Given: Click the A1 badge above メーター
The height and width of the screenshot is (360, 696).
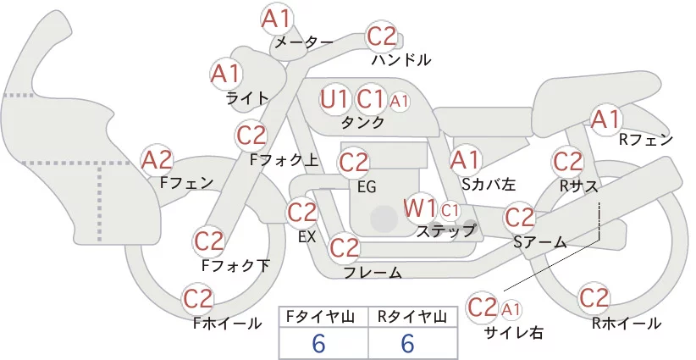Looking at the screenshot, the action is click(x=276, y=19).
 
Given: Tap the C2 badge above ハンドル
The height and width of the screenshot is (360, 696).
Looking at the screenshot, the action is click(x=381, y=36).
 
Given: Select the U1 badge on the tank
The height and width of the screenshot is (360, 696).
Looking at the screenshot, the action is click(x=334, y=99).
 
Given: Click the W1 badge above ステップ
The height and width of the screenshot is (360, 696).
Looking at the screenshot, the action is click(x=419, y=208).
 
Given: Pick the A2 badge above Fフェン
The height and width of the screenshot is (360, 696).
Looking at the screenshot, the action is click(x=157, y=160).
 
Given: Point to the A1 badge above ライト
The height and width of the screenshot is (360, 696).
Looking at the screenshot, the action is click(x=225, y=75).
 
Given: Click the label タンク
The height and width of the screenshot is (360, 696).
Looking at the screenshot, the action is click(x=362, y=122).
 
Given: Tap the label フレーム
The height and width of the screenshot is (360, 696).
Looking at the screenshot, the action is click(x=373, y=272).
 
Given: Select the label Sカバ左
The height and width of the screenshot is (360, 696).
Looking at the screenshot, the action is click(x=489, y=184).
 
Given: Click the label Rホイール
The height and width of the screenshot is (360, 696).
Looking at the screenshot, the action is click(x=627, y=324).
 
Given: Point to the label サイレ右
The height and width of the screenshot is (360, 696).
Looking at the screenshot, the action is click(x=514, y=332).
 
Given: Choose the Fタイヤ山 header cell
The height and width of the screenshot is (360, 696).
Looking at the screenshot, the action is click(x=323, y=317).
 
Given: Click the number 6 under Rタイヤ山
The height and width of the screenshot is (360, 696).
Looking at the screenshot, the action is click(x=407, y=343).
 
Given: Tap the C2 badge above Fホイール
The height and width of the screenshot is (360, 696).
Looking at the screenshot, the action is click(x=198, y=299).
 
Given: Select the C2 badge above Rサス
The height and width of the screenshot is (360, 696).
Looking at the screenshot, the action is click(x=567, y=162).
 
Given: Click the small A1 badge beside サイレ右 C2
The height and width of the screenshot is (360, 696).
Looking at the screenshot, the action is click(x=511, y=309).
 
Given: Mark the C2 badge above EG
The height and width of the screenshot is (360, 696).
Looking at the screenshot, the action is click(x=353, y=163).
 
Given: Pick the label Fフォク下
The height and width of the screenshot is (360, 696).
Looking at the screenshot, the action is click(x=235, y=265).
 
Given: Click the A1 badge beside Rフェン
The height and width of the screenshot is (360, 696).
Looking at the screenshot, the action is click(x=605, y=119).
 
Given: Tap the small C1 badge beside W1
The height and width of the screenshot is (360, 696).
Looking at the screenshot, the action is click(x=450, y=211).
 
